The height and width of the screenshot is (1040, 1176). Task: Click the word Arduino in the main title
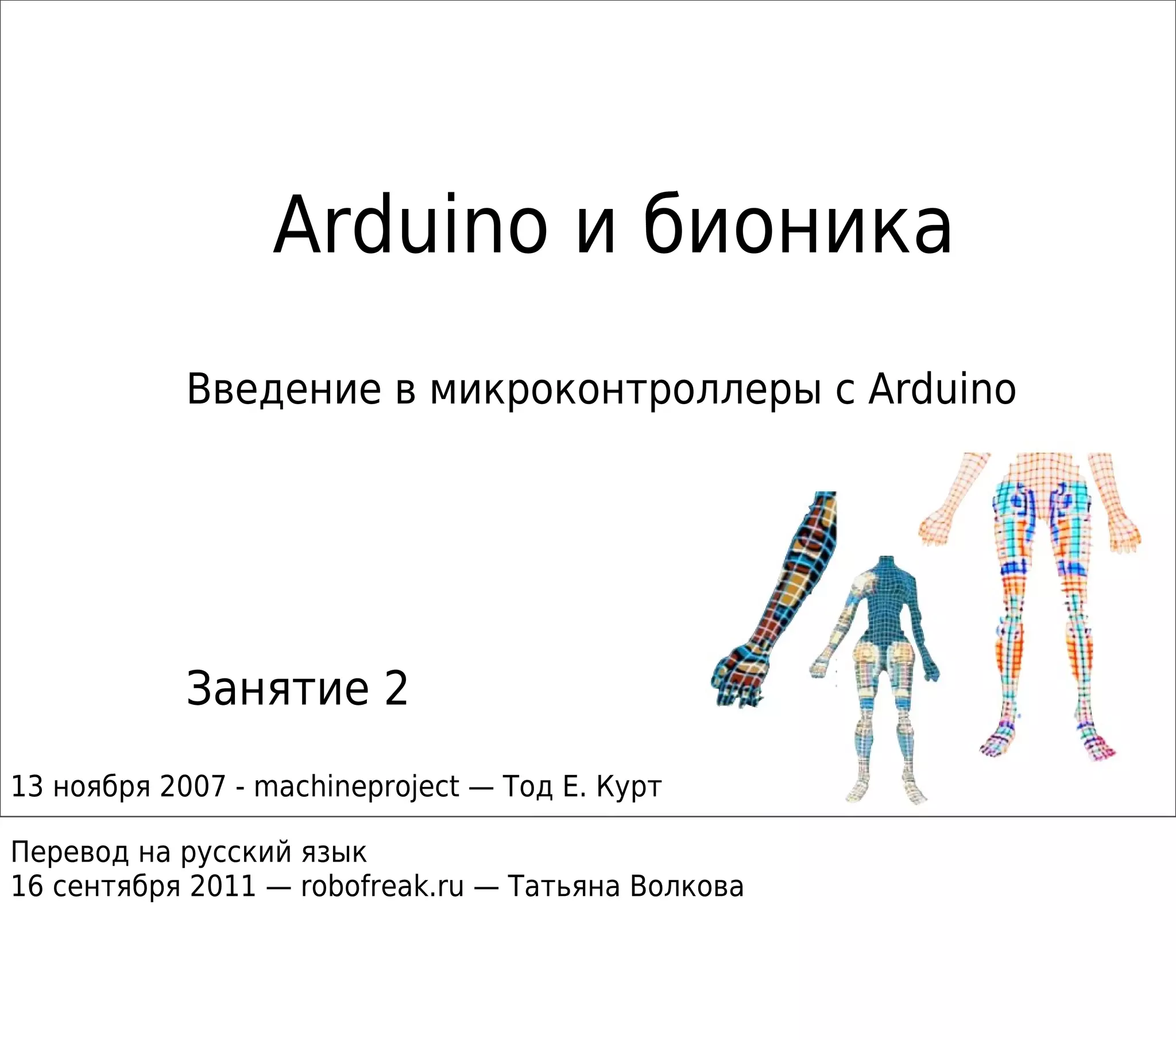(410, 226)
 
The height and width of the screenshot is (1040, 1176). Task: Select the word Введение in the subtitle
(284, 390)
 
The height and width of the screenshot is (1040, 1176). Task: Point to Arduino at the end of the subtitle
(942, 390)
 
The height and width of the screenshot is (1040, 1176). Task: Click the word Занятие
(277, 689)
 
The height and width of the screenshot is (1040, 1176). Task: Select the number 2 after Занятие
(396, 689)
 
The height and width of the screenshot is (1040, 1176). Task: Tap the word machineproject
(357, 786)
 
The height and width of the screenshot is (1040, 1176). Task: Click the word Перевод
(69, 852)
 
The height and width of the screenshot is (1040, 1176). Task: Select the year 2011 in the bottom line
(223, 886)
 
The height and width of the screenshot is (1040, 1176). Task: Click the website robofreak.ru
(382, 886)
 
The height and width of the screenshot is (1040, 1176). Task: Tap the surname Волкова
(686, 886)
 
